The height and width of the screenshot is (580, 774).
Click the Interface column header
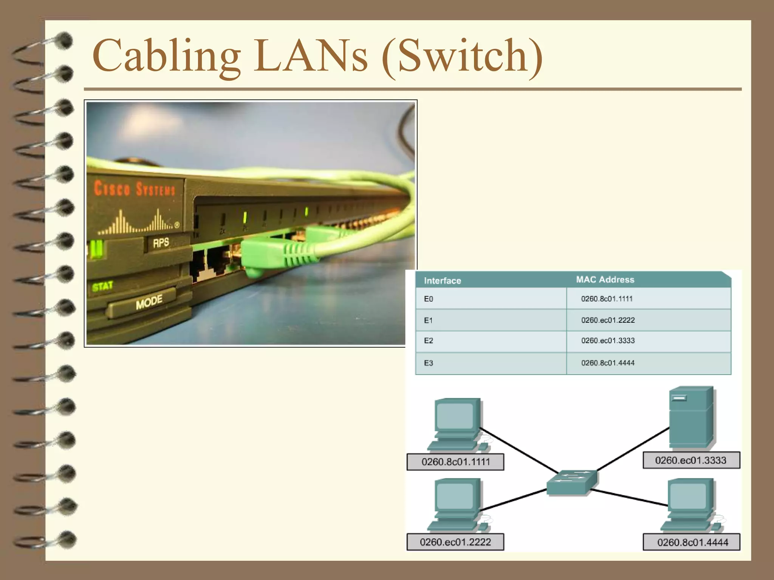click(x=442, y=281)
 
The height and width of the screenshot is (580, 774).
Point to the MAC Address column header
click(x=605, y=279)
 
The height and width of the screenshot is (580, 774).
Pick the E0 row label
click(x=429, y=299)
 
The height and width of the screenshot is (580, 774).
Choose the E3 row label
click(x=429, y=363)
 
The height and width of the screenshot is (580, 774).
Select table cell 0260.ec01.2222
click(x=608, y=320)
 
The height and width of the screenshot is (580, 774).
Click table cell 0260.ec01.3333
click(x=608, y=341)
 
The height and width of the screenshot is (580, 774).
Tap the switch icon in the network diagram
click(x=572, y=482)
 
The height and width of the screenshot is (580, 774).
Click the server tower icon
click(x=691, y=417)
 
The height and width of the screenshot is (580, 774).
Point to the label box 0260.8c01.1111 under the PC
click(x=455, y=462)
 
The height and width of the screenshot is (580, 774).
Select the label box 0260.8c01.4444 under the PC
click(x=692, y=542)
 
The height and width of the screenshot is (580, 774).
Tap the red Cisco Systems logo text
click(x=135, y=188)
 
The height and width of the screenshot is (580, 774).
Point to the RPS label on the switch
click(x=161, y=242)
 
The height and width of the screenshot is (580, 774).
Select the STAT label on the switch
click(x=102, y=286)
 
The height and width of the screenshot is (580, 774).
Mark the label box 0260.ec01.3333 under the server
click(x=691, y=460)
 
